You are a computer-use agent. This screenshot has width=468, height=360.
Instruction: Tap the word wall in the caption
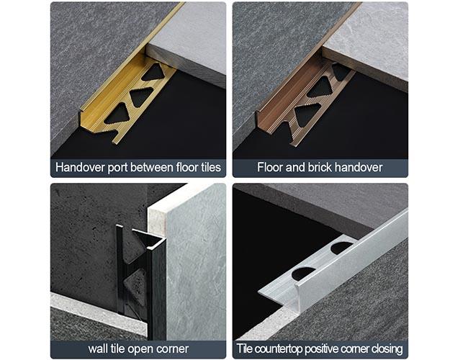tap(99, 349)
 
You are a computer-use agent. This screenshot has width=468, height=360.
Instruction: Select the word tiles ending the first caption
tap(207, 168)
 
